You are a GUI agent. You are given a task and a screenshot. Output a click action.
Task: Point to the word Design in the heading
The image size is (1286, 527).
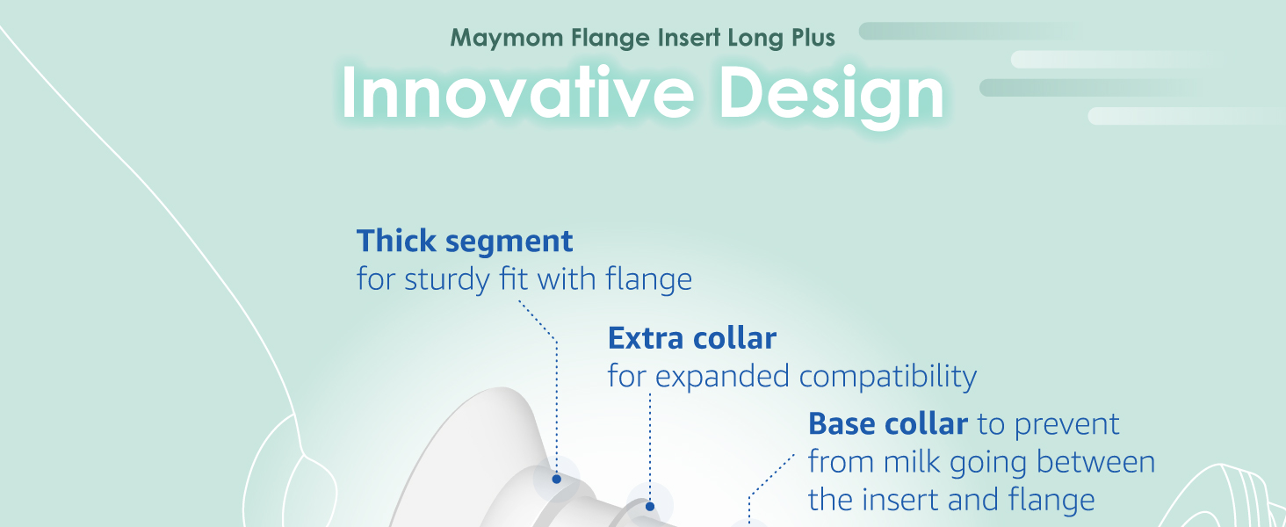[x=831, y=95]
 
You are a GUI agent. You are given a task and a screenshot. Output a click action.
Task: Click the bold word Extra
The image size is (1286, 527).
[x=643, y=338]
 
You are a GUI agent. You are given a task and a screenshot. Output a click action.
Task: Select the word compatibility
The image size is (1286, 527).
[x=888, y=378]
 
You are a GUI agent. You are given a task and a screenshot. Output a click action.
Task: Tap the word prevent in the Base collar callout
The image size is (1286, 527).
[x=1067, y=425]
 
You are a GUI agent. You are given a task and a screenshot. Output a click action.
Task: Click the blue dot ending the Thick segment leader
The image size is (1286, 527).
[x=556, y=479]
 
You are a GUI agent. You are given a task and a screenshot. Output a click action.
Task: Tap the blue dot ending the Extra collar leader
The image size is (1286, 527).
[x=650, y=506]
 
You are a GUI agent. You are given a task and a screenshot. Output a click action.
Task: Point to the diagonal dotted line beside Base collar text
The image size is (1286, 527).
[x=771, y=475]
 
